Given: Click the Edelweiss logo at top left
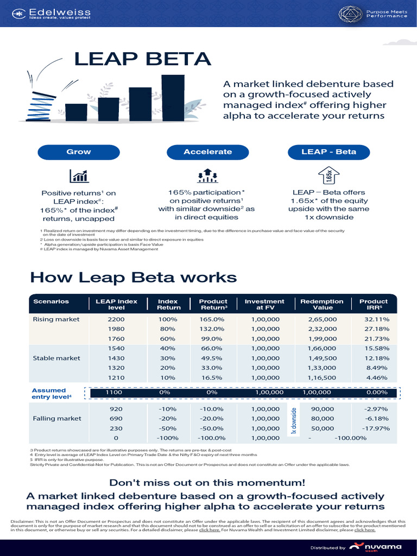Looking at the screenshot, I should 52,13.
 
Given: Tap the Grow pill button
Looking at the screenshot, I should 78,151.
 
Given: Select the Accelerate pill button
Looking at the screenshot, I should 207,151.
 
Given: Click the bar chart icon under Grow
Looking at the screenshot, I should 79,176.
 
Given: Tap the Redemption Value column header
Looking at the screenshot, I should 321,304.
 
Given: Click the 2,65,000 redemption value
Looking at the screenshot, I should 322,319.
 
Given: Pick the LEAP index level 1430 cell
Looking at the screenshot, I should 116,358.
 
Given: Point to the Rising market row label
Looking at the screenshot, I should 56,319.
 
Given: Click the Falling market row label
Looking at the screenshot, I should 58,418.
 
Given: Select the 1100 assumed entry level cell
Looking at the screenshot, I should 114,392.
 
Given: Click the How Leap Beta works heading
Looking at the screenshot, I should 134,277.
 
